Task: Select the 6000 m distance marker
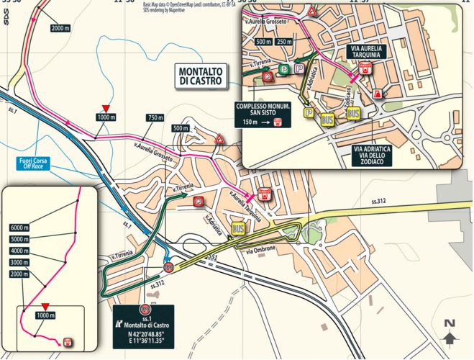point(20,226)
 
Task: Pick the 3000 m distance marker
point(20,262)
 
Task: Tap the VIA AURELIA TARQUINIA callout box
point(368,53)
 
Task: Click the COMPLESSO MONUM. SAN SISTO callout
point(263,112)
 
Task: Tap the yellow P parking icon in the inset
point(309,113)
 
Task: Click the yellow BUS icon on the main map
point(237,230)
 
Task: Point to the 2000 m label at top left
point(60,29)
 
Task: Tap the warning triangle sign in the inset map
point(311,12)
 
